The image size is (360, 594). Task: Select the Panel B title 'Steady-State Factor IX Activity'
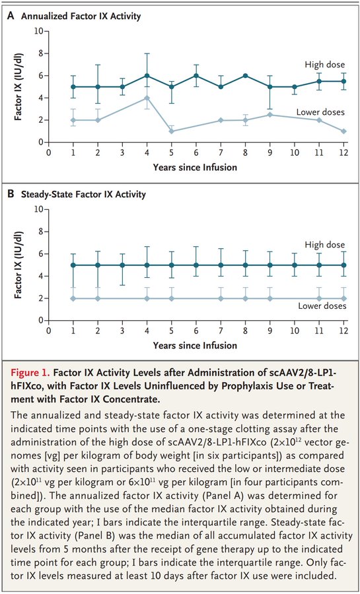(x=84, y=195)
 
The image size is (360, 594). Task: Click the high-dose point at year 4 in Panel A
(x=147, y=76)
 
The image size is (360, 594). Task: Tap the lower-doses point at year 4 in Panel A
(x=147, y=98)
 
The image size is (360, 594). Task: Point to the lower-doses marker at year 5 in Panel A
(x=171, y=131)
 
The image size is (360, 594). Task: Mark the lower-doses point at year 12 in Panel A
(x=343, y=131)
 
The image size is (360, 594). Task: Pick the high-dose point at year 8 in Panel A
(x=245, y=76)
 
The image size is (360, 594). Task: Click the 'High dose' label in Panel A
(x=325, y=65)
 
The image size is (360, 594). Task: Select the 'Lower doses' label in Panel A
(x=321, y=112)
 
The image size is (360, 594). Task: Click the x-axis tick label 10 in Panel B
(x=295, y=331)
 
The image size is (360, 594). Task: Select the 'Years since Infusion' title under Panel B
(x=195, y=345)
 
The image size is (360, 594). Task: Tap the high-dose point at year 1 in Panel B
(x=73, y=265)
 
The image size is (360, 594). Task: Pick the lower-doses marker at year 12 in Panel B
(x=343, y=298)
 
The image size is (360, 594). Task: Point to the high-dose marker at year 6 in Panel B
(x=196, y=265)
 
